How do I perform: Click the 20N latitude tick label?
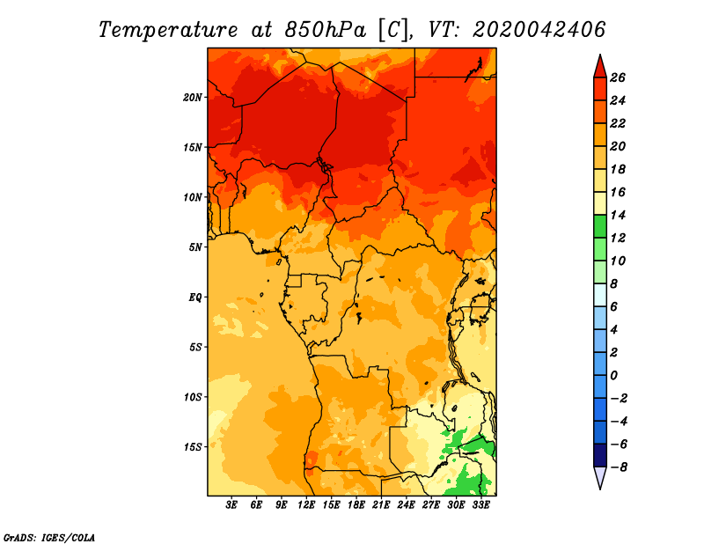[x=193, y=98]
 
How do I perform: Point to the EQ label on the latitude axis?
[x=195, y=298]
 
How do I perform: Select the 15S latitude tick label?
[x=193, y=447]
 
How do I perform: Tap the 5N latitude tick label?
[x=195, y=247]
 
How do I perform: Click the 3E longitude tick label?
[x=231, y=505]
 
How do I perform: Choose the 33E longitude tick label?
[x=480, y=505]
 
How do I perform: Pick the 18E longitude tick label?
[x=356, y=505]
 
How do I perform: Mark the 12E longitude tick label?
[x=306, y=505]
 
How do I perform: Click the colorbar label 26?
[x=618, y=77]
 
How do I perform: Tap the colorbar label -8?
[x=619, y=467]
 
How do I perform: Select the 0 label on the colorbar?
[x=614, y=376]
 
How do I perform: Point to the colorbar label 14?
[x=618, y=215]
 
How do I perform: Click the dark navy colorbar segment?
[x=600, y=455]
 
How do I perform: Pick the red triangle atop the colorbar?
[x=600, y=67]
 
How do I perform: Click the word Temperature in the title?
[x=168, y=30]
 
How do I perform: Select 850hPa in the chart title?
[x=326, y=30]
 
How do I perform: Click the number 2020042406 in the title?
[x=539, y=30]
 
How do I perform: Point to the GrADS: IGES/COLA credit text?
[x=49, y=538]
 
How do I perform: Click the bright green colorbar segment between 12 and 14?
[x=600, y=226]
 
